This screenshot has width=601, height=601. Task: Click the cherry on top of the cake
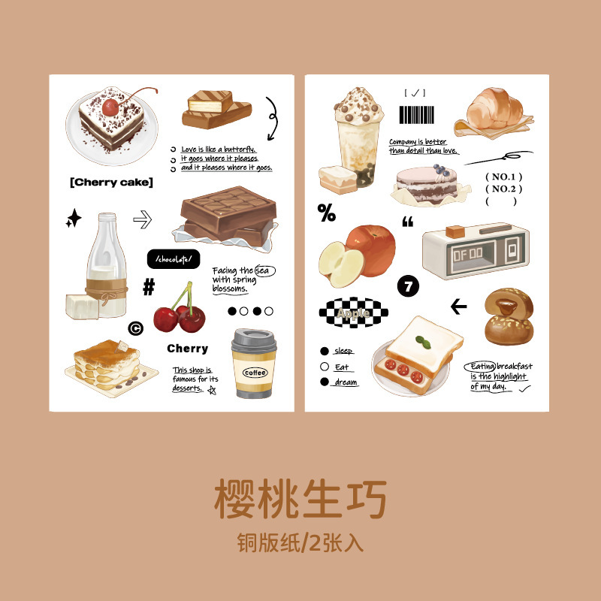coord(110,107)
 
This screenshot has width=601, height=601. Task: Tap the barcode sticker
coord(417,115)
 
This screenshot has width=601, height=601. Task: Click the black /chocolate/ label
coord(174,259)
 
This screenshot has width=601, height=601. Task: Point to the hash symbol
coord(149,287)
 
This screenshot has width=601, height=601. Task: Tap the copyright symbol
coord(136,328)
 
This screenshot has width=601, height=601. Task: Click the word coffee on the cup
coord(255,373)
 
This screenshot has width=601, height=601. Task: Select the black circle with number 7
coord(408,286)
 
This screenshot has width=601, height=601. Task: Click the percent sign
coord(327,213)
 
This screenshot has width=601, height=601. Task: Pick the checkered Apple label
coord(353,313)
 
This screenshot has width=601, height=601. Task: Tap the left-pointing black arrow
coord(458,307)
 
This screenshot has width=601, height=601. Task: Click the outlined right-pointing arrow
coord(143,219)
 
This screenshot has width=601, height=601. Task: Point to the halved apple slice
coord(341,264)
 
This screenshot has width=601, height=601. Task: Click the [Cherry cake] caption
coord(111,182)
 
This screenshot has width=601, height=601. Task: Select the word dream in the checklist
coord(346,382)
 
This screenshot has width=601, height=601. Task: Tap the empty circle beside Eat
coord(325,367)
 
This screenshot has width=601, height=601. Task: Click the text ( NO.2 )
coord(503,189)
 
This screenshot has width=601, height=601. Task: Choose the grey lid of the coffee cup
coord(254,340)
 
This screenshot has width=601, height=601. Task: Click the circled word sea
coord(265,270)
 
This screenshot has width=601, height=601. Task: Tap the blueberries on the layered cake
coord(441,171)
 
